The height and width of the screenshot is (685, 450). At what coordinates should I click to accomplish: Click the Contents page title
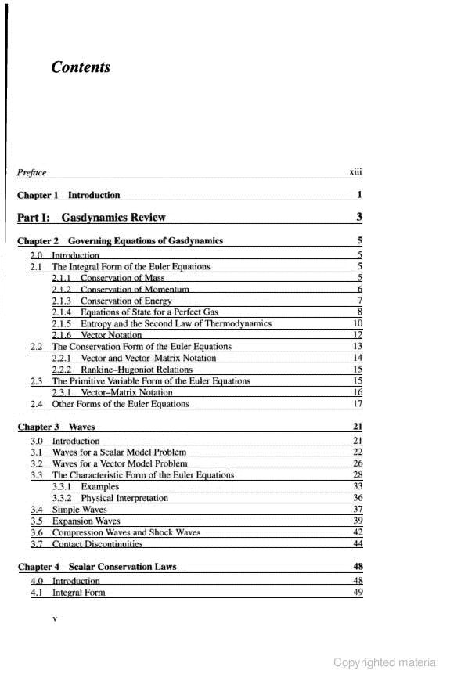pos(81,67)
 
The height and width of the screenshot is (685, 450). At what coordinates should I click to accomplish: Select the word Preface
pos(32,172)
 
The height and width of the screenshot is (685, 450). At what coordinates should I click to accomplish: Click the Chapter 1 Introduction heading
pos(69,195)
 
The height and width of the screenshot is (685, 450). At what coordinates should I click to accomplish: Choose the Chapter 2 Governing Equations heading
pos(120,240)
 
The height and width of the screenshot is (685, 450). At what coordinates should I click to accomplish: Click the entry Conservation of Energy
pos(126,301)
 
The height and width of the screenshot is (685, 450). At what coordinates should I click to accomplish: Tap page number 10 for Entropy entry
pos(358,323)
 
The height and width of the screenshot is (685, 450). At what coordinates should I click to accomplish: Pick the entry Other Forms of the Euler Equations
pos(121,404)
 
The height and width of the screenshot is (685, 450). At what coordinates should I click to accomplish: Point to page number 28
pos(358,474)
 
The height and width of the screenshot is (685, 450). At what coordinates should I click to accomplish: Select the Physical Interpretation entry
pos(124,497)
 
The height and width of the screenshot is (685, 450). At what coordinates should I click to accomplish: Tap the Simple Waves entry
pos(79,509)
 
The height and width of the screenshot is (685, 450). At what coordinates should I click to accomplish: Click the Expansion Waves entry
pos(86,521)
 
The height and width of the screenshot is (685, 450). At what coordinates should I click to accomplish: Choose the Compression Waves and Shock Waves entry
pos(126,532)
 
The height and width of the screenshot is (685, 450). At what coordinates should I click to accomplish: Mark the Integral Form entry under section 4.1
pos(78,593)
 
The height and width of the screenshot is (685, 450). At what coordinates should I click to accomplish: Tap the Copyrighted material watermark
pos(385,662)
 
